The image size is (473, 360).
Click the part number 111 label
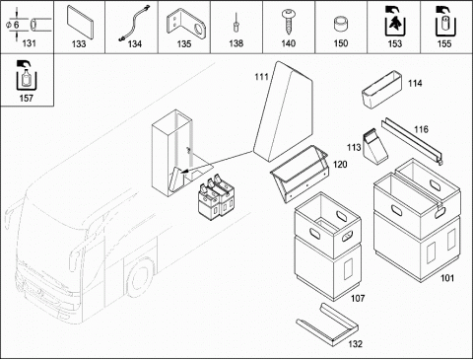coord(261,77)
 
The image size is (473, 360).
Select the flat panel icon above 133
coord(80,22)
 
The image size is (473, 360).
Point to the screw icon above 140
coord(289,22)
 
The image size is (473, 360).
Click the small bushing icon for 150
coord(341,25)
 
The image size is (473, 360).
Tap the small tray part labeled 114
coord(381,90)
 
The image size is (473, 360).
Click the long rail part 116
coord(412,141)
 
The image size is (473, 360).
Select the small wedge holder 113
coord(375,147)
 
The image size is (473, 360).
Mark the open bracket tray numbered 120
coord(299,175)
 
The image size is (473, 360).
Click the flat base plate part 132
coord(327,324)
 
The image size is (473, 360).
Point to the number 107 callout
coord(358,298)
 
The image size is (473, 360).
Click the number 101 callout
coord(447,278)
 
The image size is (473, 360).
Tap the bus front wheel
coord(140,278)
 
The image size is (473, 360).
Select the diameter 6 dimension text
coord(13,25)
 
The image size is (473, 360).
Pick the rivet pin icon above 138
coord(236,23)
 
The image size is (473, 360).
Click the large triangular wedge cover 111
coord(283,111)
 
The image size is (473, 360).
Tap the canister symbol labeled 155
coord(445,21)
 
